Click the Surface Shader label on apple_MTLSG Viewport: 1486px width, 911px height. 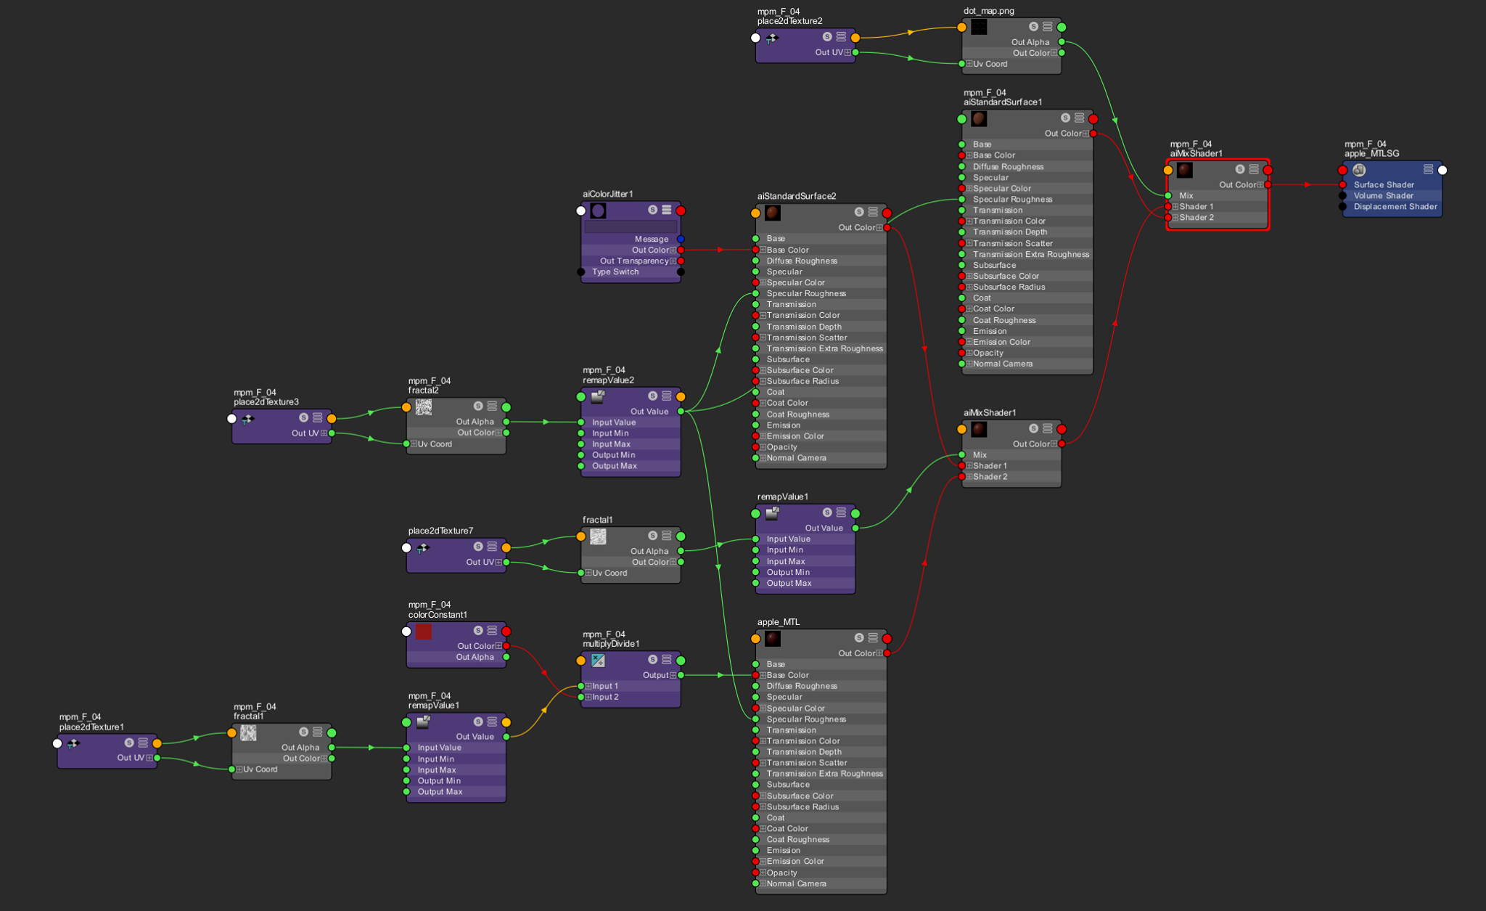1383,185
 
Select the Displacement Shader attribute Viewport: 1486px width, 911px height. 1395,207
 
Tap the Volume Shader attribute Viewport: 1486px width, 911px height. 1383,196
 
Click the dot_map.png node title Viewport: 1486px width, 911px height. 988,11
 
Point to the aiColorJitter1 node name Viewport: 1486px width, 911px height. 607,194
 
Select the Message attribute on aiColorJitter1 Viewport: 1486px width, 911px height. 651,240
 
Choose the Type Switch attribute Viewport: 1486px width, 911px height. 615,272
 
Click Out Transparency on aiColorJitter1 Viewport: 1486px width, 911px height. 634,261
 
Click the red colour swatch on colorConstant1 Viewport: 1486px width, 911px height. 424,632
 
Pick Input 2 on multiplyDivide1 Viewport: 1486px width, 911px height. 605,698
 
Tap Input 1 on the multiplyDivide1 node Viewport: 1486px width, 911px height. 605,687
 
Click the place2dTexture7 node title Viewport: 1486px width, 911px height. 440,531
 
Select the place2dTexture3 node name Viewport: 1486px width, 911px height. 266,402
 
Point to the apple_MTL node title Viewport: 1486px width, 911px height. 778,622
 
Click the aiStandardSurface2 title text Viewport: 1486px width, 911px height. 796,196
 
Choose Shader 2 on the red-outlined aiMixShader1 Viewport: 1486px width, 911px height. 1196,218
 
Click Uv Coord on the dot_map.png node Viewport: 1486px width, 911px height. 990,64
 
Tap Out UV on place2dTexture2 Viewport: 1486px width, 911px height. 829,52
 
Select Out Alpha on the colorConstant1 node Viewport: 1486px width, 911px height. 475,658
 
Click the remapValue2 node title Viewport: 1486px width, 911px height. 608,380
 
